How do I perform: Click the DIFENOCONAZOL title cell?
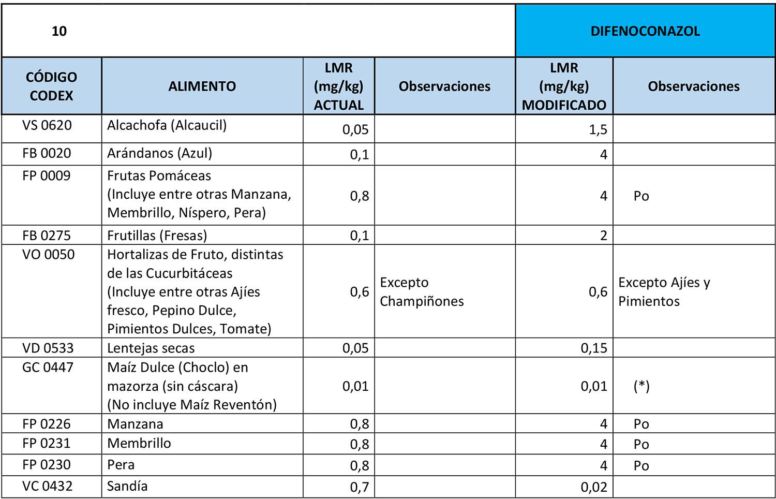[645, 31]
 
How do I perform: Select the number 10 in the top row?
[59, 31]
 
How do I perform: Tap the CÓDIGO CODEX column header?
[51, 86]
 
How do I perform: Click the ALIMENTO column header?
[202, 86]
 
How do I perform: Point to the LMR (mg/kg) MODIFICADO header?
[564, 86]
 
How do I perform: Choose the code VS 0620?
[47, 125]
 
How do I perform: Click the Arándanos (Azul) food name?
[159, 153]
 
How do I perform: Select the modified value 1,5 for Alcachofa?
[598, 129]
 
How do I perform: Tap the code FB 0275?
[47, 236]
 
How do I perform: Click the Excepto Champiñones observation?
[422, 291]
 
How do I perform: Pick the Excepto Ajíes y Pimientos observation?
[664, 291]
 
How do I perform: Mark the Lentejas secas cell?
[151, 348]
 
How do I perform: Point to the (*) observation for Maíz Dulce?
[641, 386]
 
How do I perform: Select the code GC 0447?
[48, 368]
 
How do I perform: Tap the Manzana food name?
[135, 424]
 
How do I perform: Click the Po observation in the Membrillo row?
[641, 444]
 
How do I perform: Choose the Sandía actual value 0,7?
[359, 487]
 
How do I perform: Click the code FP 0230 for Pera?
[47, 465]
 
